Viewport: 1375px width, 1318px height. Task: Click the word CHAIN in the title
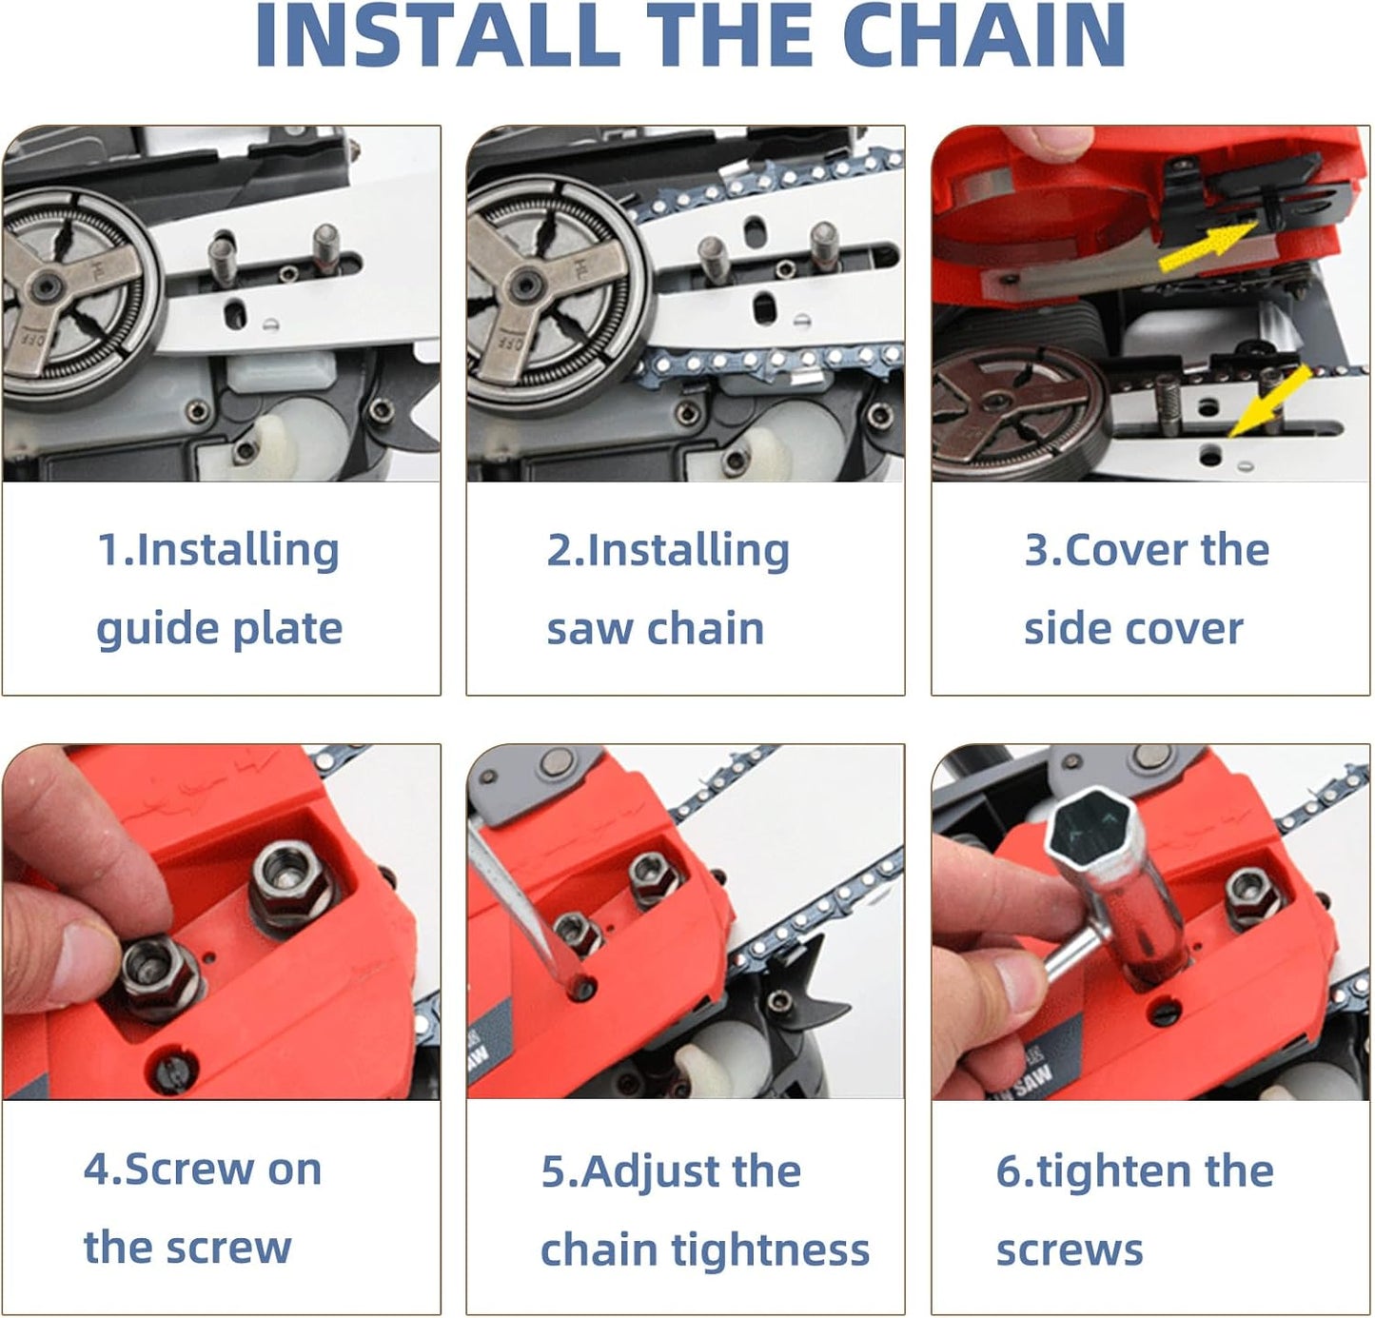click(984, 36)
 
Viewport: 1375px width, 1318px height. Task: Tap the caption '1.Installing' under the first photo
click(219, 550)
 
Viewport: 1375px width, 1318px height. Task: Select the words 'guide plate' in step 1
click(219, 629)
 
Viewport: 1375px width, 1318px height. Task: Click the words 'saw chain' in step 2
click(655, 629)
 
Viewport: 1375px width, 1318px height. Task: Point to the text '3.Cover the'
click(1147, 550)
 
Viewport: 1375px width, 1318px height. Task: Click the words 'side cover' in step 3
click(1133, 629)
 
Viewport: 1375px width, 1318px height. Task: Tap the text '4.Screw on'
click(203, 1169)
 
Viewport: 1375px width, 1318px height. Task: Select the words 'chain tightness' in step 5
click(704, 1249)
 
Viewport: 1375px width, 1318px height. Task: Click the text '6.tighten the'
click(1134, 1170)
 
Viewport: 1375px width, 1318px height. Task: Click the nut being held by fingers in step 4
click(157, 973)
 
